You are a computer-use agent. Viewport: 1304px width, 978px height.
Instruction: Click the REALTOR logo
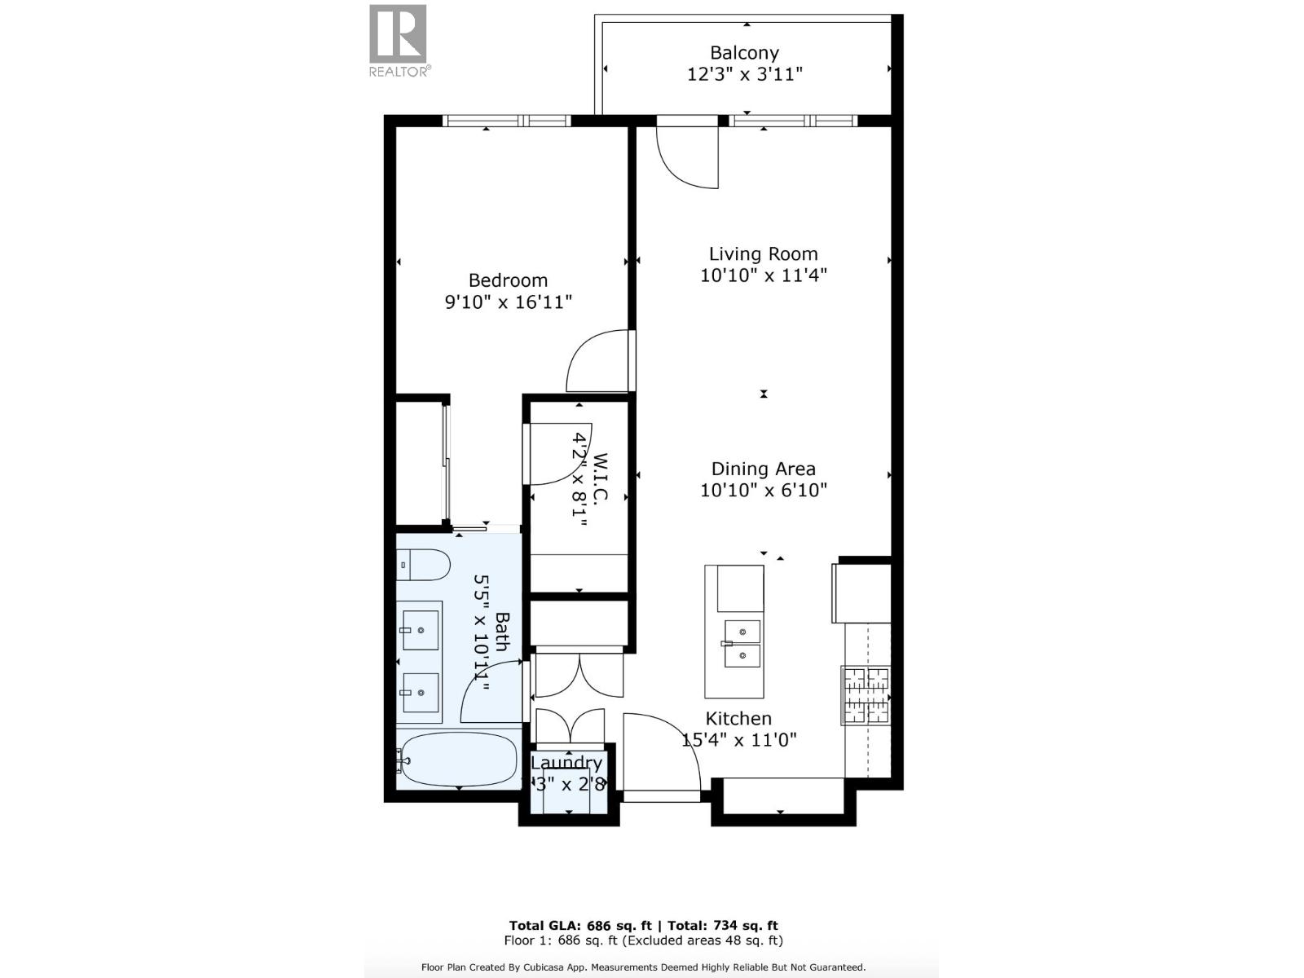tap(399, 40)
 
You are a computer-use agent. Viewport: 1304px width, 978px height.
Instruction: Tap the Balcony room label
tap(744, 53)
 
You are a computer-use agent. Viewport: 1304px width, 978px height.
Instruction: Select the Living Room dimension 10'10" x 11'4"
tap(764, 275)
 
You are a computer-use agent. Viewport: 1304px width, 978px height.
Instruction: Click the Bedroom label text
tap(508, 280)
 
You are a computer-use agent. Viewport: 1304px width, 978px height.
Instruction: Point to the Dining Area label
tap(763, 469)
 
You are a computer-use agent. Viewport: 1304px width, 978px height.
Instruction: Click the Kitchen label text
tap(738, 719)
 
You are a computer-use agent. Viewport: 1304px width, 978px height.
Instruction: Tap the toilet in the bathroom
tap(423, 565)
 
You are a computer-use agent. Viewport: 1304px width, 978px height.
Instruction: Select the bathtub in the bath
tap(458, 759)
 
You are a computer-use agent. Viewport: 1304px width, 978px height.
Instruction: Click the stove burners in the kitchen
tap(866, 695)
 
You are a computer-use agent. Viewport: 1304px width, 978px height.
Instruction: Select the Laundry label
tap(566, 764)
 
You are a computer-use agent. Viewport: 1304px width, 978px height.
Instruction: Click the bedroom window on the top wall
tap(506, 121)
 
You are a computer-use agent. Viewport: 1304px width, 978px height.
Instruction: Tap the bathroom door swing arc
tap(491, 694)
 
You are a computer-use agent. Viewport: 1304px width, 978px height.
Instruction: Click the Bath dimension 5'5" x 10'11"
tap(482, 632)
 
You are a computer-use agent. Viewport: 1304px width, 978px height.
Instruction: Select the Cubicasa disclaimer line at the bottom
tap(643, 967)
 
